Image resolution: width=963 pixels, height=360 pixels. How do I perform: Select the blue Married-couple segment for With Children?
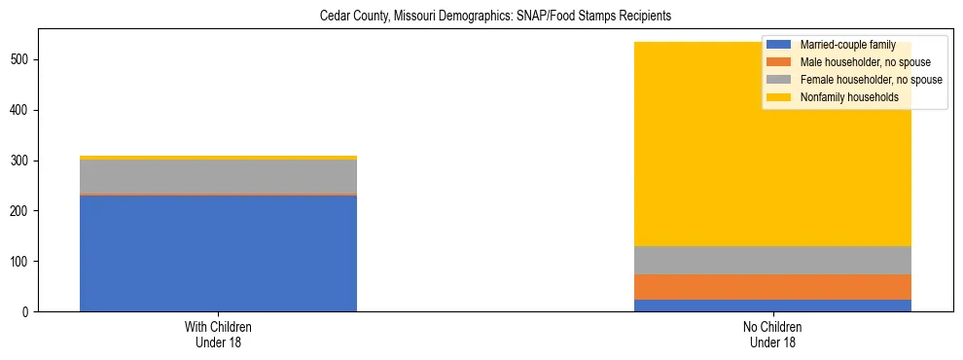click(218, 253)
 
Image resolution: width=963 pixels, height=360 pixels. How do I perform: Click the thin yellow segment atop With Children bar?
click(218, 158)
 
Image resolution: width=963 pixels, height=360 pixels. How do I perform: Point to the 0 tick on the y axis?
click(32, 312)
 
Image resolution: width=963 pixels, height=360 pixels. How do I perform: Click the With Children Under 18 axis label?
click(218, 335)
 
